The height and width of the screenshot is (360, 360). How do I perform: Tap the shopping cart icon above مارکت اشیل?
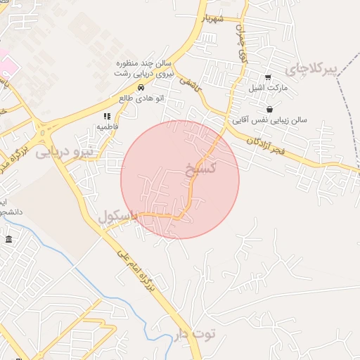coord(267,78)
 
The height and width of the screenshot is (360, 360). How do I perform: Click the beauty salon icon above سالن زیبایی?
coord(271,109)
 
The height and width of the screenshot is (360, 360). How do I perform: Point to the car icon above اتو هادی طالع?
coord(142,88)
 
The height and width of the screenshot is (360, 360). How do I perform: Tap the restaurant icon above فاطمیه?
coord(107,116)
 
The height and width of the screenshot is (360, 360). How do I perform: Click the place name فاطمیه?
coord(107,127)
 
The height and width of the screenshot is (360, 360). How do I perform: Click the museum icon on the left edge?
coord(8,240)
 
